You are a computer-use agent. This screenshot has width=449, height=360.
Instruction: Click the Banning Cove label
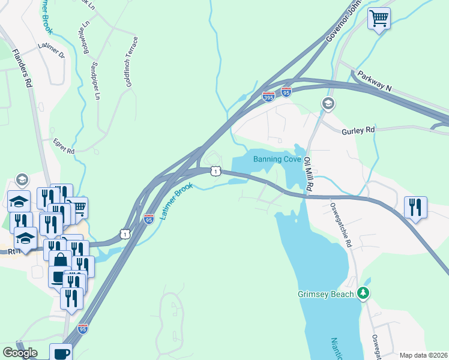277,159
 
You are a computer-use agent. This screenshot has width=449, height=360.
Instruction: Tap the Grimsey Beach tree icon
363,293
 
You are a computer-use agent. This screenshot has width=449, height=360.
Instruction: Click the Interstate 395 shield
268,96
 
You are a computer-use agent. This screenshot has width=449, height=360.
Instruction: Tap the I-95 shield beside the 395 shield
286,92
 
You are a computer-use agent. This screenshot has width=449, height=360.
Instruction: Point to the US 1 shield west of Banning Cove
215,172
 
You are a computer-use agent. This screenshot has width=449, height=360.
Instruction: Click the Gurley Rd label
358,130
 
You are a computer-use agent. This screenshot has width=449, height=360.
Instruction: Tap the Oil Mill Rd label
307,174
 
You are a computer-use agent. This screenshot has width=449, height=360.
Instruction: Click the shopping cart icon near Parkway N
379,19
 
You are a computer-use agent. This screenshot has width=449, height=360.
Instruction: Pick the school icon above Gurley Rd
328,104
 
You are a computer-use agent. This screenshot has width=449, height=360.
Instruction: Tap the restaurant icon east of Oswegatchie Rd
415,207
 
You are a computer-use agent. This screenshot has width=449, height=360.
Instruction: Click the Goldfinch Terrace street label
131,62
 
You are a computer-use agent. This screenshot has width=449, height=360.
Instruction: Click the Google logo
20,353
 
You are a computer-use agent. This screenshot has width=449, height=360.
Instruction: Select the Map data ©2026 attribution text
423,355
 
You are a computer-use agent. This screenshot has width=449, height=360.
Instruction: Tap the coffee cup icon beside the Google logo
61,352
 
